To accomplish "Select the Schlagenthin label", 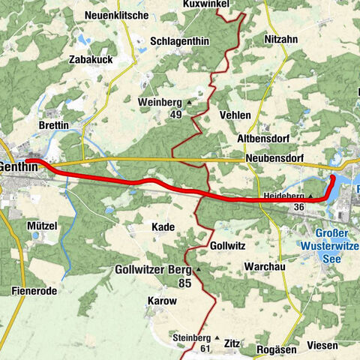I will [x=179, y=41].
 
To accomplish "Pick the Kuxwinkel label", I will [x=205, y=4].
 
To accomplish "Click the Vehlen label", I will [x=235, y=115].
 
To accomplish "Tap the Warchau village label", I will [x=263, y=266].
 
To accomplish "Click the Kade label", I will [x=163, y=226].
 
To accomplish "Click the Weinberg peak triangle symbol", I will [x=190, y=101].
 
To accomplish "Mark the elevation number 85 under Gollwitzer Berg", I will [x=183, y=283].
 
